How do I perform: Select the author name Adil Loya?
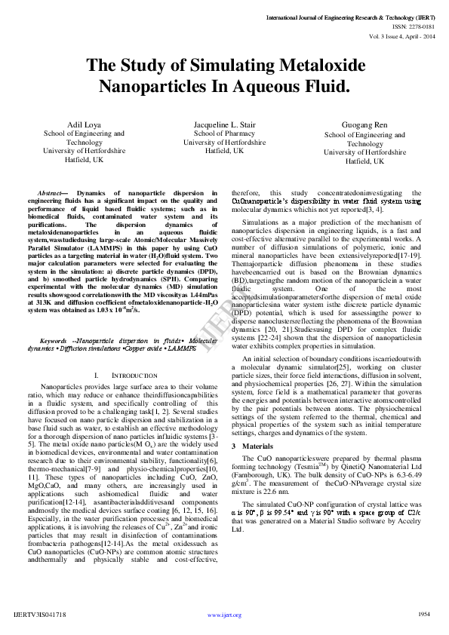pos(84,123)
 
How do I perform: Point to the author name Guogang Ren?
pos(364,124)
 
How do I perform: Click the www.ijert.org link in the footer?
pos(224,615)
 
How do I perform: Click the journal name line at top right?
pos(350,16)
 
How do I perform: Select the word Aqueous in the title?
pos(270,87)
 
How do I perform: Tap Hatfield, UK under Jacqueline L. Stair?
pos(224,150)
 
